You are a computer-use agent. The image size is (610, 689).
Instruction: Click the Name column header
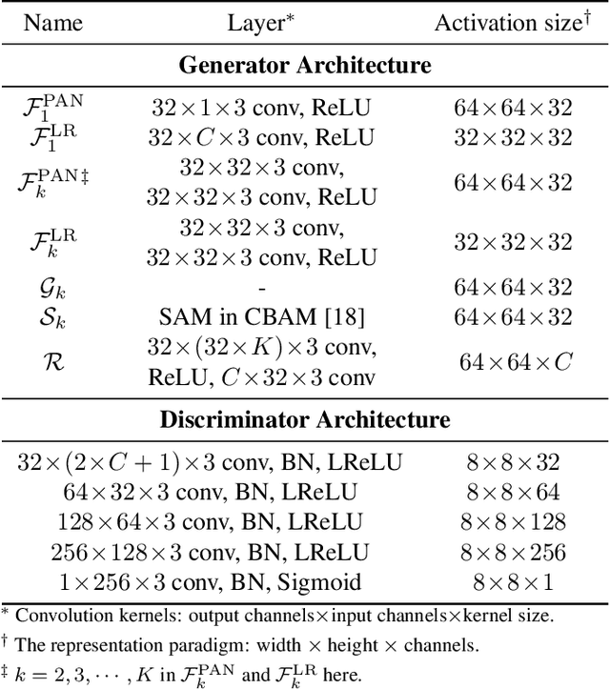(x=54, y=22)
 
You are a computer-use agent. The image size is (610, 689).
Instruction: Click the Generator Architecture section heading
(x=305, y=66)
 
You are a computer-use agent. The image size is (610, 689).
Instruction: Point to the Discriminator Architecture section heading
(x=305, y=419)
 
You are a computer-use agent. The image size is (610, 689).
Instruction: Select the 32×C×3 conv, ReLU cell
(x=261, y=137)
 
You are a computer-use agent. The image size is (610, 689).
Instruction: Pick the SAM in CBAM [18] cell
(x=261, y=317)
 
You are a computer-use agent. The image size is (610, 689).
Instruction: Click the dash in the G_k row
(x=261, y=288)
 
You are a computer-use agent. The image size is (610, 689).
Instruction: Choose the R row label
(x=54, y=362)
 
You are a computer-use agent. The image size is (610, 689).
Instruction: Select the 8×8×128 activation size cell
(x=513, y=522)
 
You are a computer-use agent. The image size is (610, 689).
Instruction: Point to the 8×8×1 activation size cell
(x=513, y=582)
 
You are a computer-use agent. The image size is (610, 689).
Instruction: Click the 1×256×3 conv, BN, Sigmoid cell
(x=209, y=582)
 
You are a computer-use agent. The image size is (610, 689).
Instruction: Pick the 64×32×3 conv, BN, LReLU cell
(x=209, y=493)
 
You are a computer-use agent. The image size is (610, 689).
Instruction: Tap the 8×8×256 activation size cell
(x=513, y=553)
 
